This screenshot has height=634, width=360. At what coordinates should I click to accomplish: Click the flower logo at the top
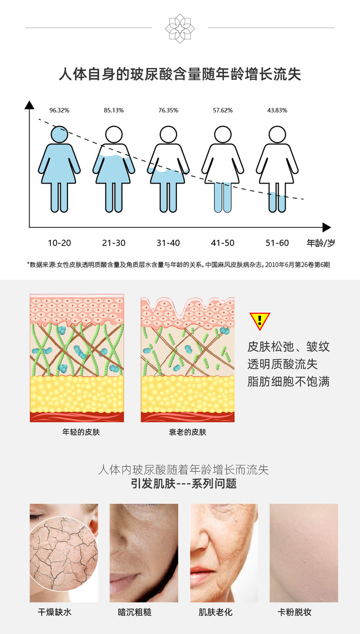pyautogui.click(x=180, y=28)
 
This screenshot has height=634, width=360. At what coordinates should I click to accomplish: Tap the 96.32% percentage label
pyautogui.click(x=59, y=110)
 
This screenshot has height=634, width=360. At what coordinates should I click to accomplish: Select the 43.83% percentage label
pyautogui.click(x=277, y=110)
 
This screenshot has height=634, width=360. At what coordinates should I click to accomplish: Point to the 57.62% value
pyautogui.click(x=223, y=110)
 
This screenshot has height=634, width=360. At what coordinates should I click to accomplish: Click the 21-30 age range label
pyautogui.click(x=114, y=243)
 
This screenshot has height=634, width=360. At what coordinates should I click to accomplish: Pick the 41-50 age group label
pyautogui.click(x=223, y=243)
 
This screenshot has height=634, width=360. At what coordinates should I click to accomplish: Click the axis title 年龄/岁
pyautogui.click(x=321, y=243)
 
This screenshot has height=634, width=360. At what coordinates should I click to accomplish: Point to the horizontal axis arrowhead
pyautogui.click(x=326, y=227)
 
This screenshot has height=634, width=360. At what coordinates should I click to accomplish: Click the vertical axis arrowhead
pyautogui.click(x=30, y=105)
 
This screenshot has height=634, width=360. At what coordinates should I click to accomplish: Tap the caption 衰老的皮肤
pyautogui.click(x=187, y=432)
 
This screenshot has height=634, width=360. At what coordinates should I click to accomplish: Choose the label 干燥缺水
pyautogui.click(x=55, y=612)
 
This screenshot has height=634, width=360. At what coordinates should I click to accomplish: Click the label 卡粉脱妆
pyautogui.click(x=294, y=612)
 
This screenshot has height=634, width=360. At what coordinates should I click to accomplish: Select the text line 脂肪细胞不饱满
pyautogui.click(x=288, y=381)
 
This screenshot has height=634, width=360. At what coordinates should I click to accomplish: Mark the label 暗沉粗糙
pyautogui.click(x=135, y=612)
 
